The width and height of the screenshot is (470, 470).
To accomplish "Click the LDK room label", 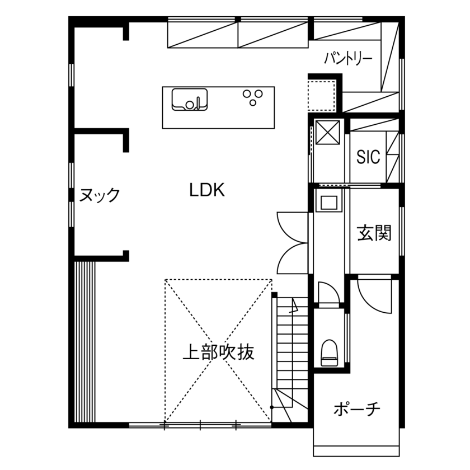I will tap(206, 191).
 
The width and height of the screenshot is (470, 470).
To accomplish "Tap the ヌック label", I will tap(100, 195).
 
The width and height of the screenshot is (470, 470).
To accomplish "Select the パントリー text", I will tap(349, 58).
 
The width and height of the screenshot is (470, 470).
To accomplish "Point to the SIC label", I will tap(368, 157).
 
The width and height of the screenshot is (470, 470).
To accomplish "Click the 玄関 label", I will tap(374, 232).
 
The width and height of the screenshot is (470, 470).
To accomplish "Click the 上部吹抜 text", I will tap(219, 352).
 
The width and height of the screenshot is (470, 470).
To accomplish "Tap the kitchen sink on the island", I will tap(189, 99).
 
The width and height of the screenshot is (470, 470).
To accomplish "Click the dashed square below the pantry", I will tap(321, 95).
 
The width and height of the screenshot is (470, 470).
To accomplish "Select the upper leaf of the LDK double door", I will tap(292, 227).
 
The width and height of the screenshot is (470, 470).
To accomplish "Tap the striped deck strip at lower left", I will tap(86, 341).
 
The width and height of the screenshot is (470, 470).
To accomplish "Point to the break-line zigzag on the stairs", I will tap(294, 306).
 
